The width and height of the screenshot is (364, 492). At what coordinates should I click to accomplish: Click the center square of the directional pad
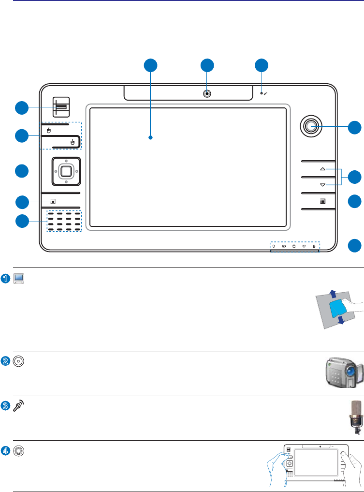[x=66, y=170]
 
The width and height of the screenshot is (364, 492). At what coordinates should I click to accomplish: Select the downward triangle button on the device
[x=322, y=185]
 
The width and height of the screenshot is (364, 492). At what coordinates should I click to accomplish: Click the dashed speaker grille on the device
[x=64, y=222]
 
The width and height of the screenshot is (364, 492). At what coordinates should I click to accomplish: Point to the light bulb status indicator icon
[x=274, y=246]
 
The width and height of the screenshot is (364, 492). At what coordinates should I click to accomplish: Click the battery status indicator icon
[x=285, y=246]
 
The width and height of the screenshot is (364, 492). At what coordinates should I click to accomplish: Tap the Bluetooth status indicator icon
[x=314, y=246]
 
